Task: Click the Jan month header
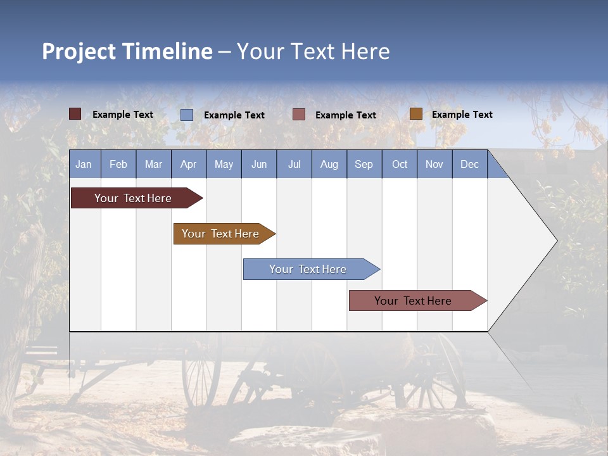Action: point(84,164)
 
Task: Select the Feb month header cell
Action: point(118,164)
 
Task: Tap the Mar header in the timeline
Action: point(153,164)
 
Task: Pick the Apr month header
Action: point(189,164)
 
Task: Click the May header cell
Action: point(224,164)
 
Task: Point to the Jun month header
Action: point(259,164)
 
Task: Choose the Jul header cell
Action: point(294,164)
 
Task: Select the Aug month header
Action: point(329,164)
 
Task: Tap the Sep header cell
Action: point(364,164)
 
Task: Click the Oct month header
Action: point(400,164)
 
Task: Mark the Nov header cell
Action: point(434,164)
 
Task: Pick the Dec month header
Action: point(470,164)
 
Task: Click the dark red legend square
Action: point(75,114)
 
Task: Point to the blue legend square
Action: point(187,115)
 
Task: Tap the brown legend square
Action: point(415,114)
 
